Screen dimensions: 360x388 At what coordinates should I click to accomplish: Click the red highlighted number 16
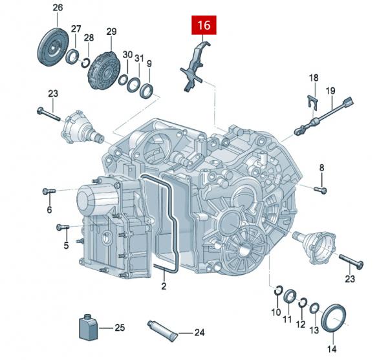[204, 26]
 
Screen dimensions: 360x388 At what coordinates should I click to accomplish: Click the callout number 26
[58, 8]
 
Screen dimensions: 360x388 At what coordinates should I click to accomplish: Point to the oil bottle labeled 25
[87, 328]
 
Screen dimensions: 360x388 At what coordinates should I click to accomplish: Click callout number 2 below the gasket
[164, 285]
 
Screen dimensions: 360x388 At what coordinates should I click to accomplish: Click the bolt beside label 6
[48, 191]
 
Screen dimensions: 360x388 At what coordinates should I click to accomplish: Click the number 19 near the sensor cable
[330, 91]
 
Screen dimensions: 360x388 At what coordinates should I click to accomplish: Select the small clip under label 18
[312, 100]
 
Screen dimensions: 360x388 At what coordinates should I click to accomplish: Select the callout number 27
[76, 29]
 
